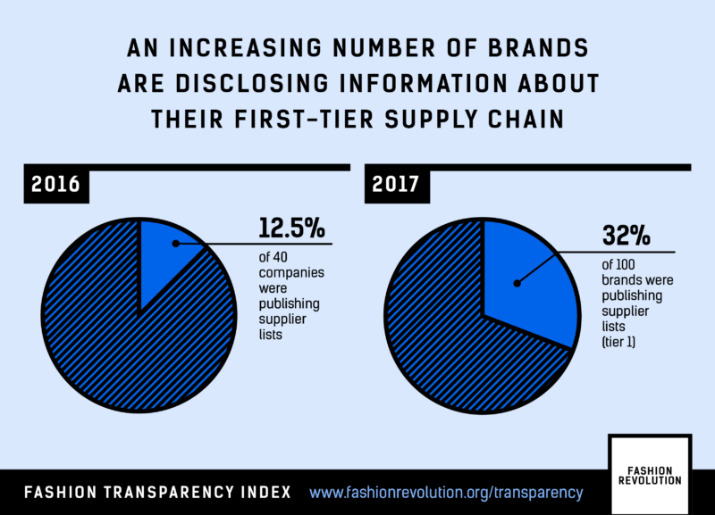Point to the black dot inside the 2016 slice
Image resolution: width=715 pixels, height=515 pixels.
176,242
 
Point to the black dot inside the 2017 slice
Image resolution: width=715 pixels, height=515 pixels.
516,285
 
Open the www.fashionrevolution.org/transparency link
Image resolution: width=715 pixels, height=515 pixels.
446,492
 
